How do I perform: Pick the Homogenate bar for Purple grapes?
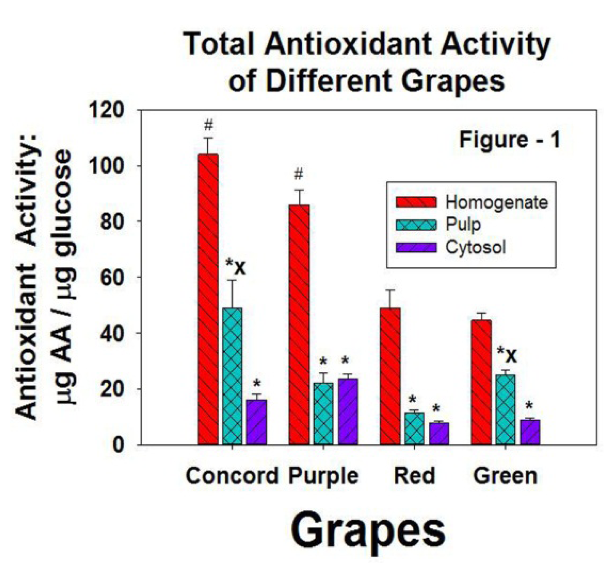[299, 324]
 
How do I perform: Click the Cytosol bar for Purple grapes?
[347, 411]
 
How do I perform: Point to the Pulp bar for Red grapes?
[414, 428]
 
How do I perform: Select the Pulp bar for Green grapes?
[506, 409]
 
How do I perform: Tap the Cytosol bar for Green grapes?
[530, 432]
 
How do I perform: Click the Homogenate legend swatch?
[416, 202]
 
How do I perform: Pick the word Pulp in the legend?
[463, 225]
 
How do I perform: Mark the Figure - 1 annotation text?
[510, 140]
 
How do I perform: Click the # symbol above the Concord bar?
[208, 126]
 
